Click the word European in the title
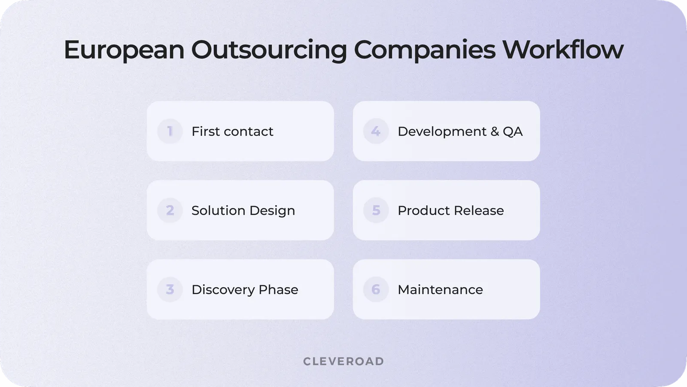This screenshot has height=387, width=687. pyautogui.click(x=124, y=50)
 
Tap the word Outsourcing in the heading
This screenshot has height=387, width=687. pyautogui.click(x=269, y=50)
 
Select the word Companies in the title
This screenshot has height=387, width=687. pyautogui.click(x=425, y=50)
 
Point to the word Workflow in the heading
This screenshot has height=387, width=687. pyautogui.click(x=563, y=49)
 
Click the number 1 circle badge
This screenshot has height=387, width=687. pyautogui.click(x=170, y=131)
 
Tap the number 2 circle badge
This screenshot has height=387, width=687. pyautogui.click(x=170, y=210)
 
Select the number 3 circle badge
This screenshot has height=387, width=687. pyautogui.click(x=170, y=289)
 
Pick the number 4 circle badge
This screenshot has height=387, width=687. pyautogui.click(x=376, y=131)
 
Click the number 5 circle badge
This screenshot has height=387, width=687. pyautogui.click(x=376, y=210)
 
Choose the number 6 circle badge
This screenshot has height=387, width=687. pyautogui.click(x=376, y=289)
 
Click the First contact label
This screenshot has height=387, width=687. pyautogui.click(x=232, y=132)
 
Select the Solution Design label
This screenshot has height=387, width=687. pyautogui.click(x=243, y=211)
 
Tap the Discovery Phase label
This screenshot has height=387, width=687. pyautogui.click(x=245, y=290)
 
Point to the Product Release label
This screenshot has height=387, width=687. pyautogui.click(x=451, y=211)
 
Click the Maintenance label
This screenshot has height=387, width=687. pyautogui.click(x=441, y=290)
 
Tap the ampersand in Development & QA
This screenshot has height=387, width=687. pyautogui.click(x=495, y=132)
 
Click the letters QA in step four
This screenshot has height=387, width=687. pyautogui.click(x=513, y=132)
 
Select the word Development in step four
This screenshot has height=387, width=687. pyautogui.click(x=442, y=132)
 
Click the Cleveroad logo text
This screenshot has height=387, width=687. pyautogui.click(x=343, y=361)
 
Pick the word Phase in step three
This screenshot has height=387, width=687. pyautogui.click(x=279, y=290)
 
